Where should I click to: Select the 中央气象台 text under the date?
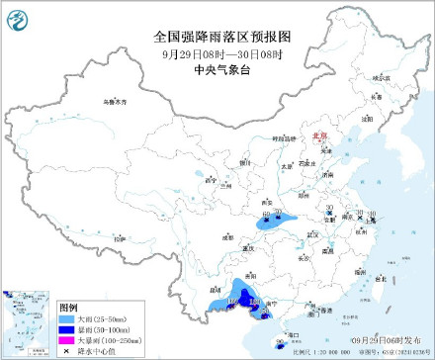click(225, 68)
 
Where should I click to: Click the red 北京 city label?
click(317, 138)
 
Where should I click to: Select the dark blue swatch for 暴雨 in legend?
click(67, 331)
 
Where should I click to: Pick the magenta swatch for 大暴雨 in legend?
click(67, 341)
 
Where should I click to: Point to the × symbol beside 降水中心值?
click(67, 351)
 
